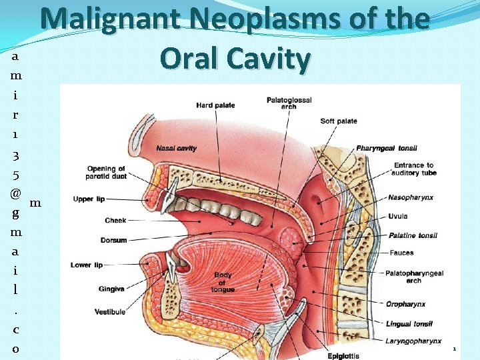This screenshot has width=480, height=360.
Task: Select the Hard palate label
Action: pyautogui.click(x=216, y=105)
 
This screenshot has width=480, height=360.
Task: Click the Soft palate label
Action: pyautogui.click(x=339, y=121)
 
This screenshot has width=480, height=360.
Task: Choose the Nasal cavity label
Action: pyautogui.click(x=177, y=148)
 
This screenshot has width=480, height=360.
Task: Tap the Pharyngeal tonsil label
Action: pyautogui.click(x=385, y=147)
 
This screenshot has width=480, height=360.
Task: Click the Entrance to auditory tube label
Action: pyautogui.click(x=413, y=169)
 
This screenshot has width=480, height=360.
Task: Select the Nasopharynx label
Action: pyautogui.click(x=411, y=197)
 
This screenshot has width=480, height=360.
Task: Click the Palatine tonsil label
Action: pyautogui.click(x=413, y=235)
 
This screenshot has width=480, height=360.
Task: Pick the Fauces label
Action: pyautogui.click(x=401, y=253)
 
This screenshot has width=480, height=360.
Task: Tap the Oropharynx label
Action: pyautogui.click(x=405, y=304)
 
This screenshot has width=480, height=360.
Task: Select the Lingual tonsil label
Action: pyautogui.click(x=409, y=324)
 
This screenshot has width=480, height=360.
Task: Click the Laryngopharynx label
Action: pyautogui.click(x=413, y=341)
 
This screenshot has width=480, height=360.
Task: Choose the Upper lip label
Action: pyautogui.click(x=88, y=199)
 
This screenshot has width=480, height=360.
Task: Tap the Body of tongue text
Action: pyautogui.click(x=223, y=282)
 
